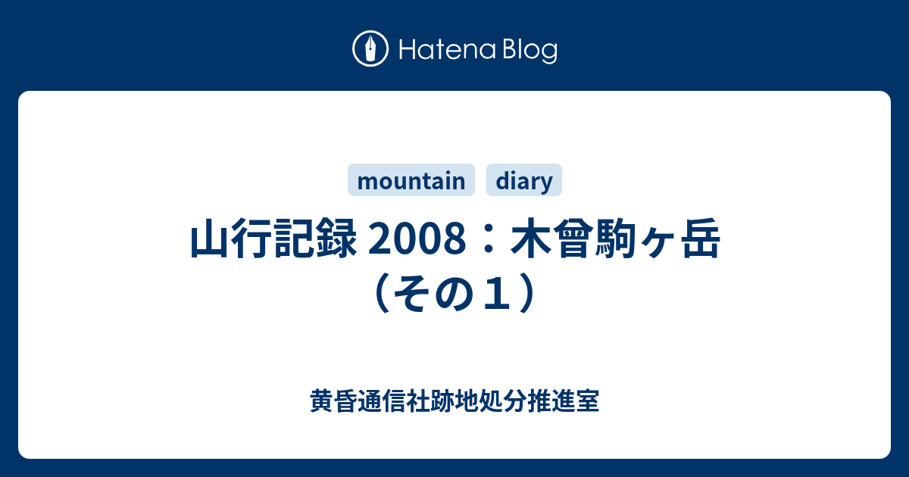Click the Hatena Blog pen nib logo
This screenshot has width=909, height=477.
point(370,48)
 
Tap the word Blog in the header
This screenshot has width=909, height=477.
point(530,51)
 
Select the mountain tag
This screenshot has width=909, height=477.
point(411,180)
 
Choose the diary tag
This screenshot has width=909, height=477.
point(524,180)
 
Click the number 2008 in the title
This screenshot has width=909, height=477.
point(417,238)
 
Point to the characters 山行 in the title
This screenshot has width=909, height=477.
point(231,238)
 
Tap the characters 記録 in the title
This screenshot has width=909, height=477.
point(316,238)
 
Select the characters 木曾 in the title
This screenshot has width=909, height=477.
point(552,238)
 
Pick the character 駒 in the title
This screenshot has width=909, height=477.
point(616,238)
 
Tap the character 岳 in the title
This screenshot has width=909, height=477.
point(701,238)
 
